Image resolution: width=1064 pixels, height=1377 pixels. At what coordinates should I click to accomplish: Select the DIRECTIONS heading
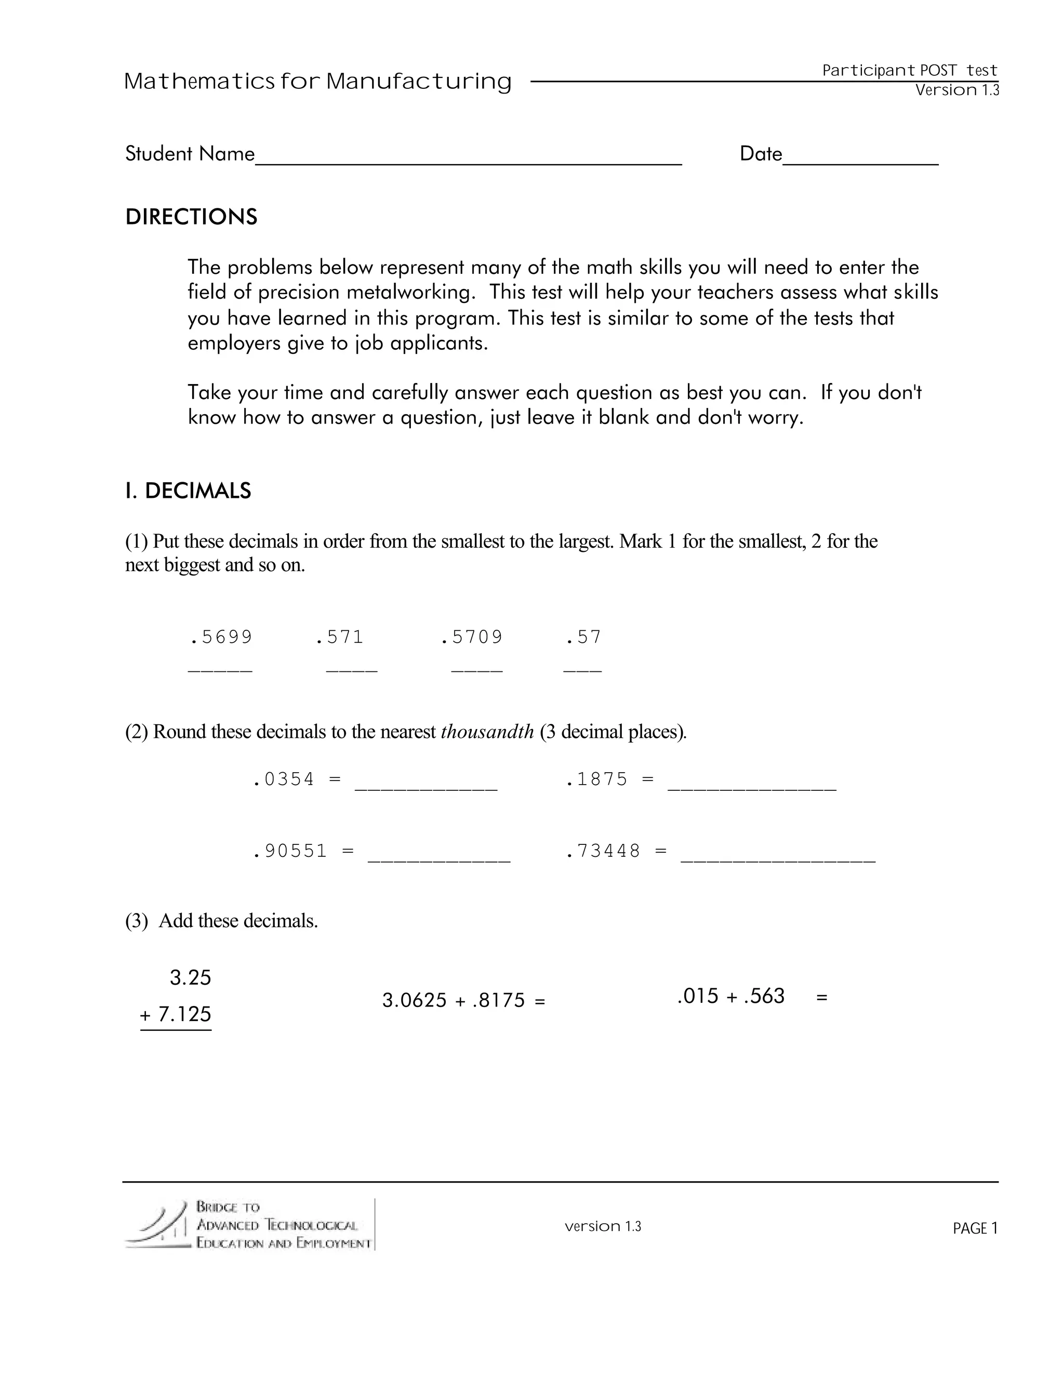click(191, 217)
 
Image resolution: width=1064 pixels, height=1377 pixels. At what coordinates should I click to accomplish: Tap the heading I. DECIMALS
click(188, 491)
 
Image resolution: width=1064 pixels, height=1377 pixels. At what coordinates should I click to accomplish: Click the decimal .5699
click(221, 638)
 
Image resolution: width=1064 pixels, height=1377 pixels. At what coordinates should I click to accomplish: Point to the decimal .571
click(340, 638)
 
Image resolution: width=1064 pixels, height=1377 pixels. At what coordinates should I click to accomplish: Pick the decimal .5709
click(472, 638)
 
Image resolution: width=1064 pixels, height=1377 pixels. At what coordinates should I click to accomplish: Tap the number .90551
click(290, 852)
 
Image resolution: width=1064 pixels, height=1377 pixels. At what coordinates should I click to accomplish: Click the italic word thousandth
click(487, 732)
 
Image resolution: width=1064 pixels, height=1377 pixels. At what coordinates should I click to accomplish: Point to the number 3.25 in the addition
click(190, 978)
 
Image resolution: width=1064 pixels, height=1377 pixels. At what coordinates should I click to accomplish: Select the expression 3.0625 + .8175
click(453, 1001)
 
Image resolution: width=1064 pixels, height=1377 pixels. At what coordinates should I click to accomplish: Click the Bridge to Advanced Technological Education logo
click(249, 1225)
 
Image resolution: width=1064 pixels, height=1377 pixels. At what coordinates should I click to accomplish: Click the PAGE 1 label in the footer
click(975, 1228)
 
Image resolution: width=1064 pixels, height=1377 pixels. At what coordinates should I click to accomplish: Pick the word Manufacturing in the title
click(419, 82)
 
